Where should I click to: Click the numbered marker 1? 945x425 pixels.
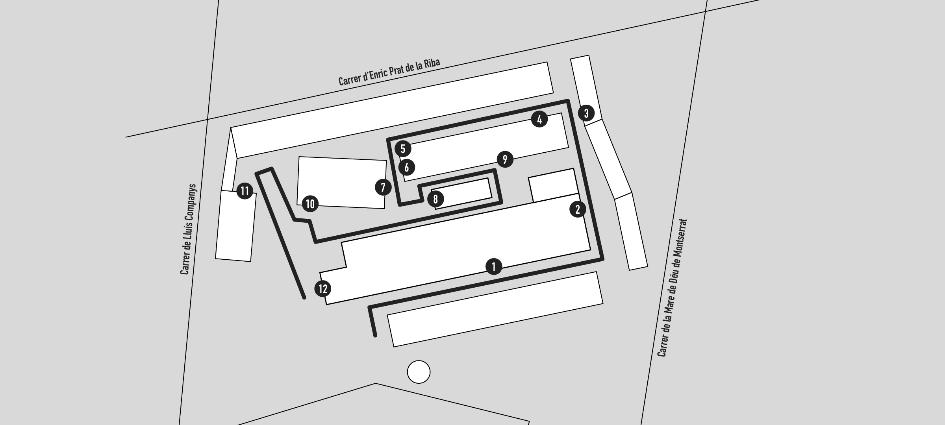tap(494, 267)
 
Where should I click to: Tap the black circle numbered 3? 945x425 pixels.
tap(586, 113)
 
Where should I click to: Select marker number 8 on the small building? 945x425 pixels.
tap(435, 199)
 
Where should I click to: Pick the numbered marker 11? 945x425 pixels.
tap(245, 191)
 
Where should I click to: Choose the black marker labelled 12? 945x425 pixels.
tap(323, 289)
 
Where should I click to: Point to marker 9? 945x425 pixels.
tap(505, 159)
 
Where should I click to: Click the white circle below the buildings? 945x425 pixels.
tap(419, 372)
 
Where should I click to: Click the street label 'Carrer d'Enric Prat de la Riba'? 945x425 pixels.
tap(389, 72)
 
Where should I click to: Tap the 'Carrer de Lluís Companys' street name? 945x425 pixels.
tap(188, 229)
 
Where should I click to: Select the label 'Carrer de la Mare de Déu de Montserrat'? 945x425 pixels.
tap(672, 288)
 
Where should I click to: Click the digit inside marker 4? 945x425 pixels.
tap(539, 119)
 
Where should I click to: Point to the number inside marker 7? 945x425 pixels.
tap(383, 187)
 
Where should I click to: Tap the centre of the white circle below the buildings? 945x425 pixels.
tap(419, 372)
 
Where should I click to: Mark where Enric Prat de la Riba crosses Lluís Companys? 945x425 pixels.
tap(208, 119)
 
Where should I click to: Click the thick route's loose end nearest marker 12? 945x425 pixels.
tap(304, 298)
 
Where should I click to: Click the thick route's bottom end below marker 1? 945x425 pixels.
tap(375, 336)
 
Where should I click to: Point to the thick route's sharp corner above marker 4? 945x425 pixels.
tap(568, 101)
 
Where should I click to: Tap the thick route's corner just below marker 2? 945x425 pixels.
tap(602, 259)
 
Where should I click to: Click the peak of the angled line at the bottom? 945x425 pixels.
tap(376, 383)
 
